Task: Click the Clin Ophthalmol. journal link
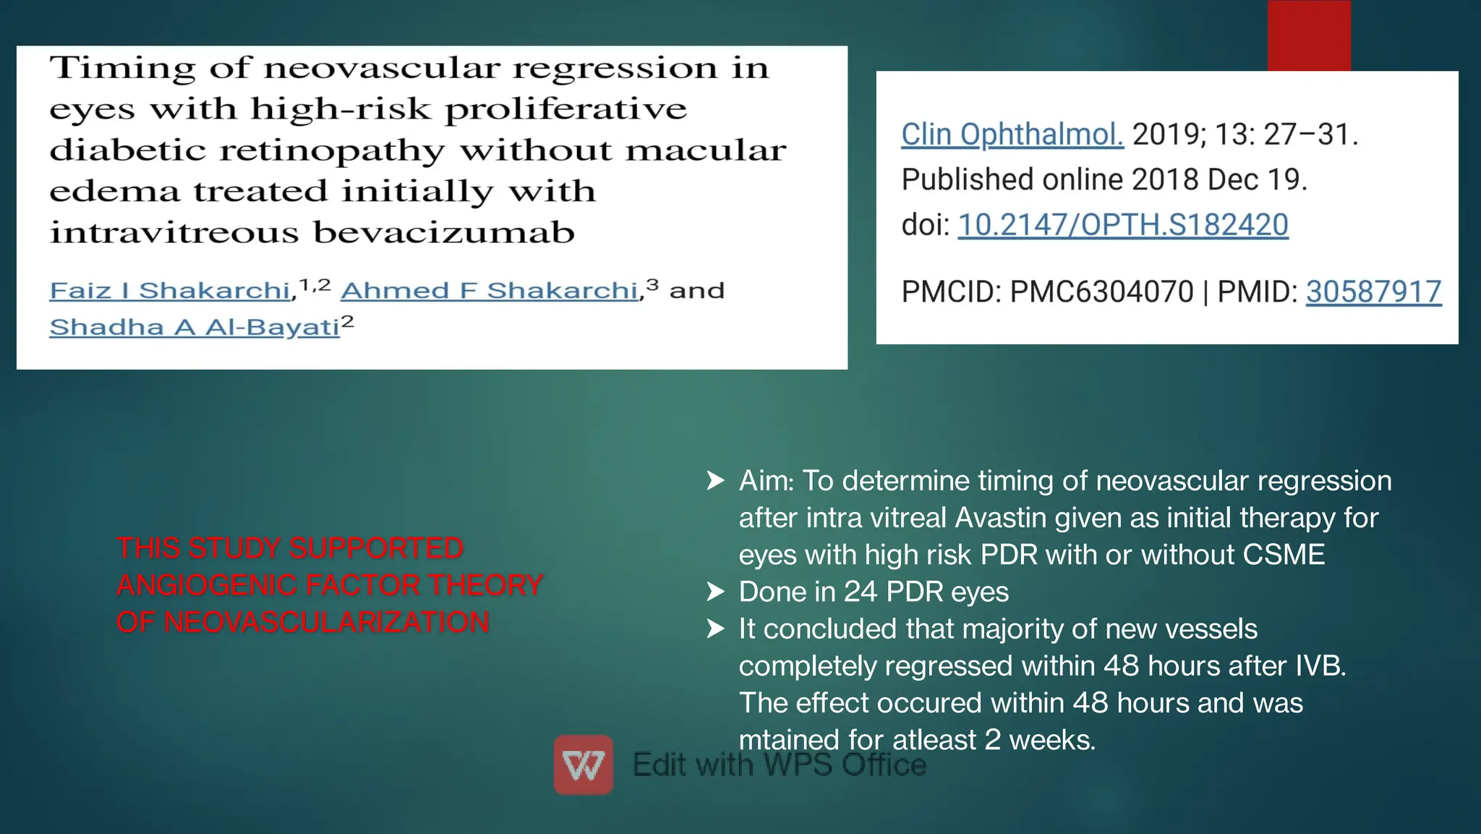coord(1012,135)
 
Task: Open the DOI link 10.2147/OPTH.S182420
coord(1123,225)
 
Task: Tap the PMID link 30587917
coord(1373,292)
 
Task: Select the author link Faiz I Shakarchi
coord(170,291)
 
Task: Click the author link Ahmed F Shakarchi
coord(490,291)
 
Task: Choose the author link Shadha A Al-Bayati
coord(195,328)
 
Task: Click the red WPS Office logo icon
coord(584,765)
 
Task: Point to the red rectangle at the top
coord(1309,35)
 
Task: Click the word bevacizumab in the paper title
coord(444,233)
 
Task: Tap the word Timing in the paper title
coord(122,68)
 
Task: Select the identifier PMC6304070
coord(1101,292)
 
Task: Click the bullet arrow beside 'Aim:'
coord(715,481)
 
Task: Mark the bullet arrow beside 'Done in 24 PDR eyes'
coord(715,592)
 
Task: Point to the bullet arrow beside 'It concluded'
coord(715,629)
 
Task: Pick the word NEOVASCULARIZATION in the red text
coord(326,622)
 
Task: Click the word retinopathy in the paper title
coord(332,150)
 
